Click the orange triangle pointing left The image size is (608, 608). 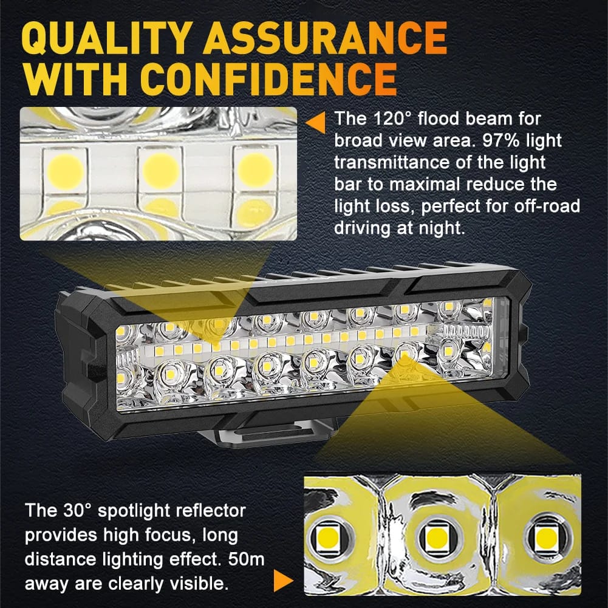click(316, 123)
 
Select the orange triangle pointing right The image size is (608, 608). click(284, 581)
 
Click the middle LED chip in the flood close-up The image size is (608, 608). click(160, 171)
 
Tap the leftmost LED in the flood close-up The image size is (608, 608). click(66, 171)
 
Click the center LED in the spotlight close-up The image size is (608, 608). click(437, 538)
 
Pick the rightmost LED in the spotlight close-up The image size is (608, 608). click(547, 537)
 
